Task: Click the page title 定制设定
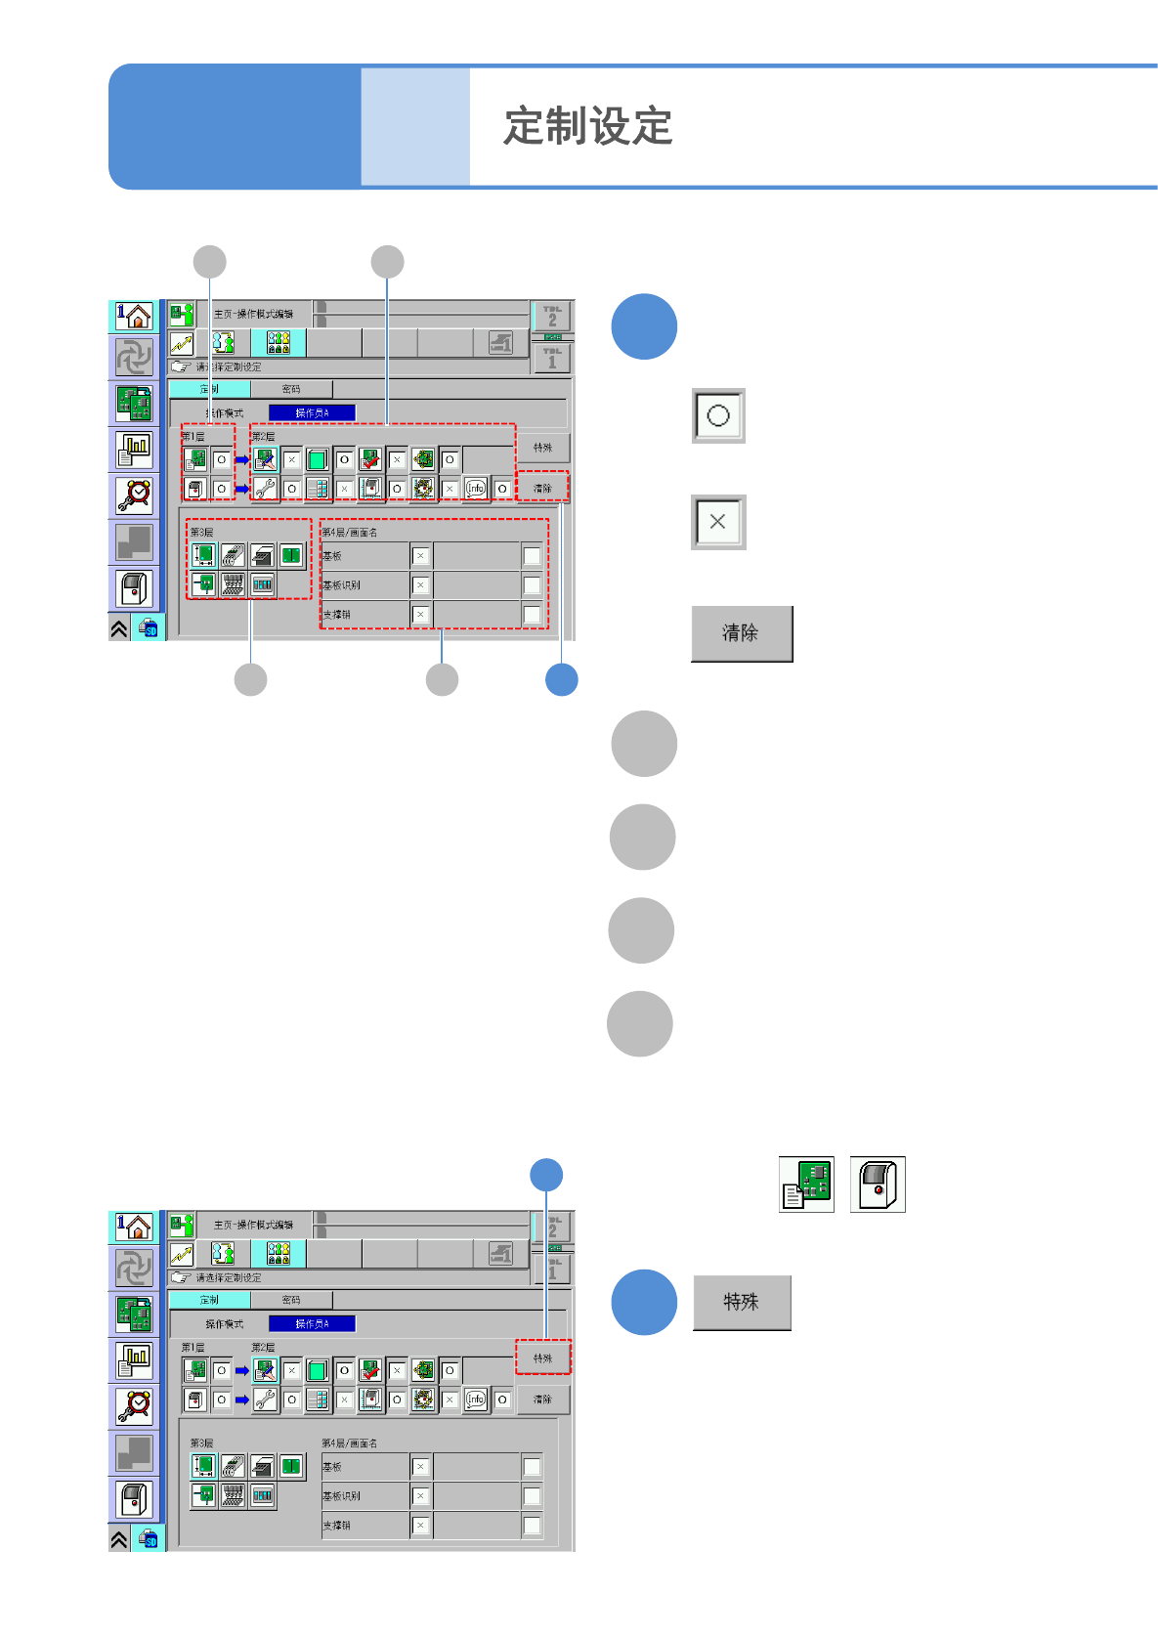[587, 127]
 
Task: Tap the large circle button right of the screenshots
[718, 415]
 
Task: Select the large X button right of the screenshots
[718, 522]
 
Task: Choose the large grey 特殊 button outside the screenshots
[742, 1302]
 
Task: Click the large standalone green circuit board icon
[806, 1184]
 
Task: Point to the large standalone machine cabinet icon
[878, 1184]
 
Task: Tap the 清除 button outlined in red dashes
[542, 488]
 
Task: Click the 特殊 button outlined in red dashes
[542, 1357]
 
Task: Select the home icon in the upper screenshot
[134, 316]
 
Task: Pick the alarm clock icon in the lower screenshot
[134, 1405]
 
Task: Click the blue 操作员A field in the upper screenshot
[312, 412]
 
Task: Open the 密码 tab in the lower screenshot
[291, 1300]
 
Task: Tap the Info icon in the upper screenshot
[475, 488]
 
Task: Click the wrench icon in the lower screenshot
[265, 1400]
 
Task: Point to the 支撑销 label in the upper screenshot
[337, 615]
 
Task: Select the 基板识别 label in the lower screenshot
[342, 1496]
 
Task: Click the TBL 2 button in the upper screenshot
[552, 317]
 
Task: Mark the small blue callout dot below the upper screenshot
[561, 679]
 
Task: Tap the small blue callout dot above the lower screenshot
[546, 1175]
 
